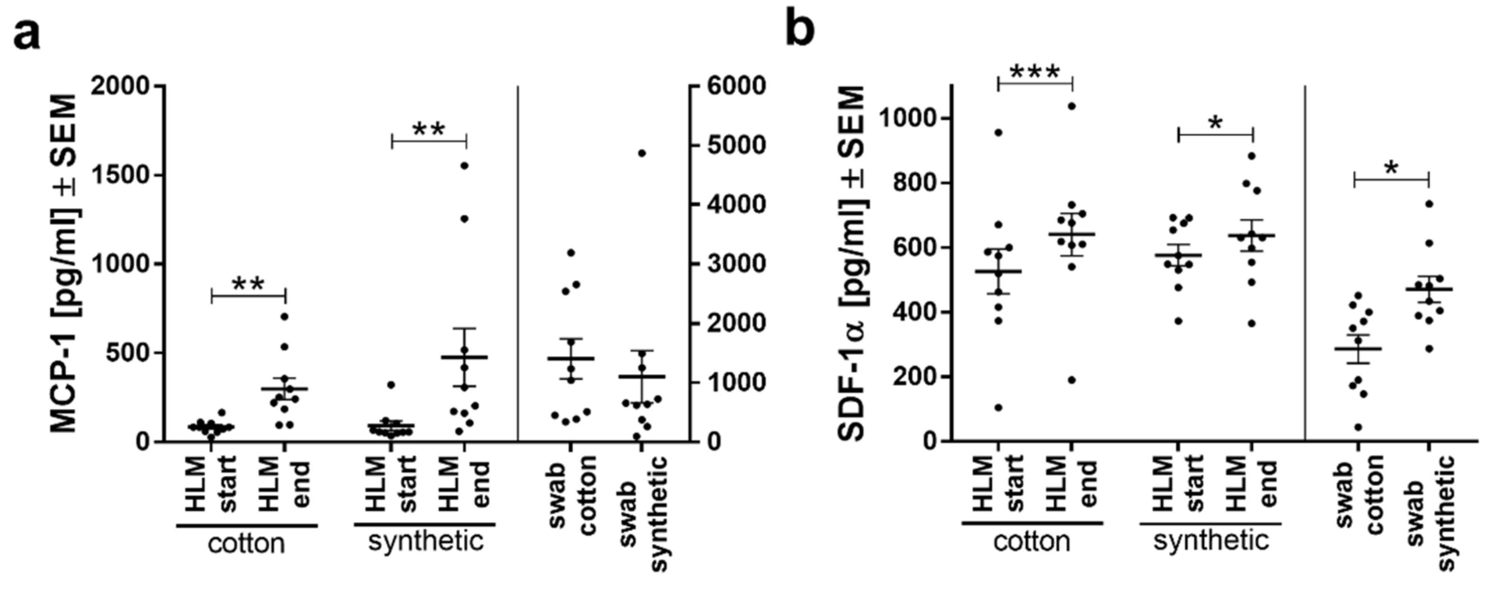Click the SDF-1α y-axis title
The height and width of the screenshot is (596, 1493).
853,264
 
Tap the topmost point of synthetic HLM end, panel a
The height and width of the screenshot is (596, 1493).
464,166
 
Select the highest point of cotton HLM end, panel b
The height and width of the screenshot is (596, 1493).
1072,106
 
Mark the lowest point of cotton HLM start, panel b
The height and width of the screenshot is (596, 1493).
998,408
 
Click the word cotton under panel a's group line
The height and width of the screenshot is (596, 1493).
246,544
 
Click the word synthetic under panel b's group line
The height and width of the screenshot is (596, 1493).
1211,541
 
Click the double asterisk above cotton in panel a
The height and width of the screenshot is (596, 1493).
248,284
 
